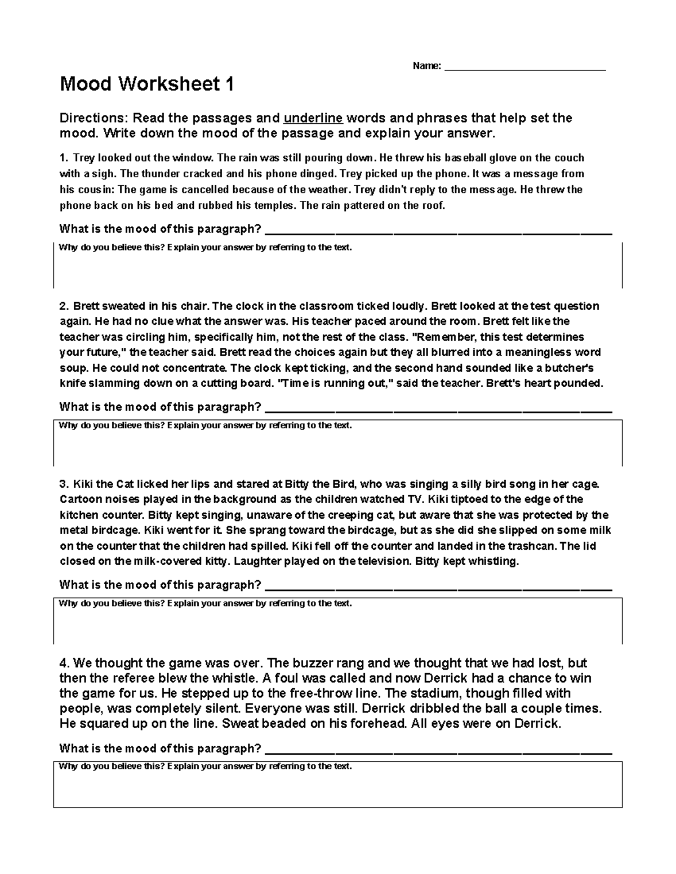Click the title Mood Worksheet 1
click(146, 84)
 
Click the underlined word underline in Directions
click(313, 118)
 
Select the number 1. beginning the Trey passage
click(64, 158)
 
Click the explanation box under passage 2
click(338, 447)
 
